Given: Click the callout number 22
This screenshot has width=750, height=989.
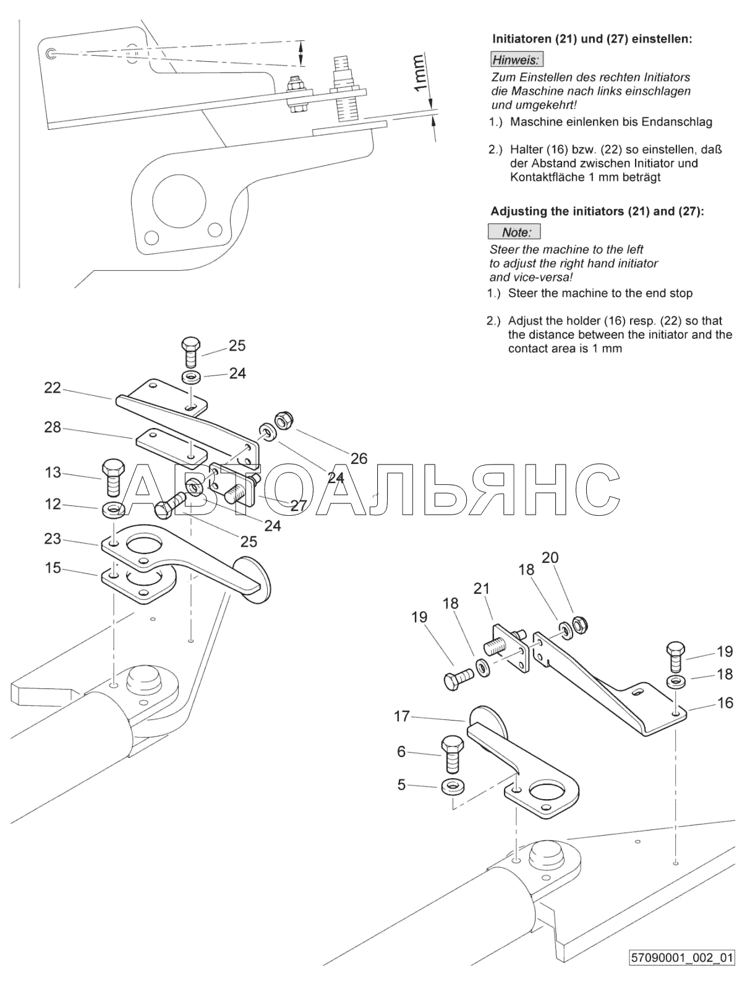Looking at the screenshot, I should (x=53, y=388).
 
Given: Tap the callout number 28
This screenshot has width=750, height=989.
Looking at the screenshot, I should (x=53, y=427).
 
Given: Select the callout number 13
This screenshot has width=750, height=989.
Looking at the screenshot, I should (x=53, y=473).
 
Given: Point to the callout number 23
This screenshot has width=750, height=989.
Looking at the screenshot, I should (x=53, y=539).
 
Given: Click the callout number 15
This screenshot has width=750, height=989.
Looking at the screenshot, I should (x=53, y=567).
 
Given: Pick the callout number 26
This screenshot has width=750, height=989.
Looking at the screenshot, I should (x=359, y=458).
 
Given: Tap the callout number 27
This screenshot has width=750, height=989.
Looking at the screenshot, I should (x=299, y=505).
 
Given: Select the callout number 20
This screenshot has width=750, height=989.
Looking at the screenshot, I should (x=550, y=558).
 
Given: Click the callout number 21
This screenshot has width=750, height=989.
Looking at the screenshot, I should (x=481, y=588).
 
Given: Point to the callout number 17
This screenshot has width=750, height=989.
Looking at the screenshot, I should (x=402, y=716).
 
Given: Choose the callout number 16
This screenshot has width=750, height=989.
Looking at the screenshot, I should (x=725, y=703).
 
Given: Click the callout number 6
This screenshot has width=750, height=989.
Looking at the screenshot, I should (x=402, y=751).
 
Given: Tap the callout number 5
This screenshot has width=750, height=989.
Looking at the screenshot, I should (x=402, y=785).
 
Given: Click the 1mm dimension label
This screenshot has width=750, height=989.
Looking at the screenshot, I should (x=419, y=73).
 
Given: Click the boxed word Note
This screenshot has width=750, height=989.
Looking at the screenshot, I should (x=514, y=233).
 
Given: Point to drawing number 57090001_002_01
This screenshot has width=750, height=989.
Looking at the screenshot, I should (x=682, y=975).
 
